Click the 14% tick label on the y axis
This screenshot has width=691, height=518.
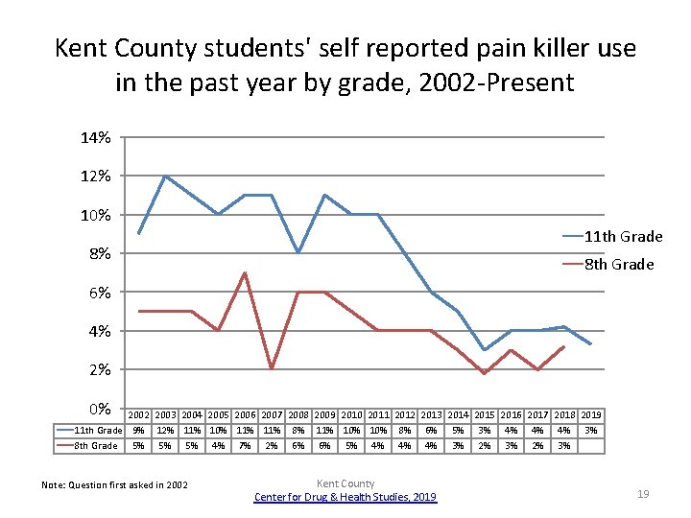(95, 137)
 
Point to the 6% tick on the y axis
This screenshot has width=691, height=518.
(99, 292)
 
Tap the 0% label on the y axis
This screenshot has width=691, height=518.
(99, 409)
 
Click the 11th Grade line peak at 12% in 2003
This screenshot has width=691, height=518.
(165, 176)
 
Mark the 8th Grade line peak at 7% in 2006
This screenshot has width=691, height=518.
(245, 272)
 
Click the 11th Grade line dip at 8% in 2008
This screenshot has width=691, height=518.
(298, 252)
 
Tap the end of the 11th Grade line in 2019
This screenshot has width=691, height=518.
(591, 344)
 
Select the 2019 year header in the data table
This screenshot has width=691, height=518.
(591, 414)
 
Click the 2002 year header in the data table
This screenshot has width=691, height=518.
(139, 414)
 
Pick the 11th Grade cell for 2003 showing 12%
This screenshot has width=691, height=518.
(165, 431)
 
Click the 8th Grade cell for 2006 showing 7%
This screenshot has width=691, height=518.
(245, 445)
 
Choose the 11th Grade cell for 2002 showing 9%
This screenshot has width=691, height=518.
(139, 431)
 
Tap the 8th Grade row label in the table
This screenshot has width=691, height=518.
(96, 445)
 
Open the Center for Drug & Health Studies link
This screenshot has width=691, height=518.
(345, 496)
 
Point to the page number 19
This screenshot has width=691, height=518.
(643, 493)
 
